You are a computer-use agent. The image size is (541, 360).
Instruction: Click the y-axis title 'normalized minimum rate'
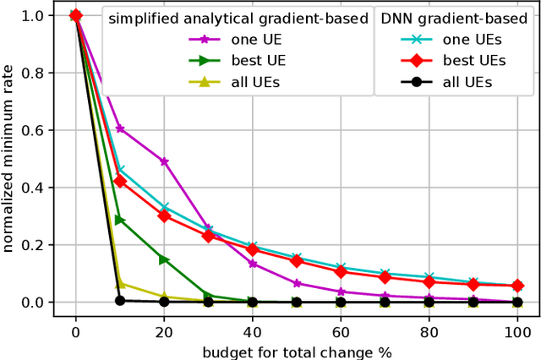(x=12, y=159)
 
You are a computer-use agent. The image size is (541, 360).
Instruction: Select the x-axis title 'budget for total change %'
(x=295, y=351)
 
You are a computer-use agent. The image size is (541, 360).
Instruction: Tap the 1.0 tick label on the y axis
(x=33, y=15)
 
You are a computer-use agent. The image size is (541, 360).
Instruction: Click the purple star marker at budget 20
(x=164, y=161)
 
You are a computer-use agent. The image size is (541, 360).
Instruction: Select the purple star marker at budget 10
(x=120, y=128)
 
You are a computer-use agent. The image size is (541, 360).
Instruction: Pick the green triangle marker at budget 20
(x=164, y=259)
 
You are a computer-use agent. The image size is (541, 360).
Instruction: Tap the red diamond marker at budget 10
(x=120, y=181)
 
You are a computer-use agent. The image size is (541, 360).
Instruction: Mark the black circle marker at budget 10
(x=120, y=301)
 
